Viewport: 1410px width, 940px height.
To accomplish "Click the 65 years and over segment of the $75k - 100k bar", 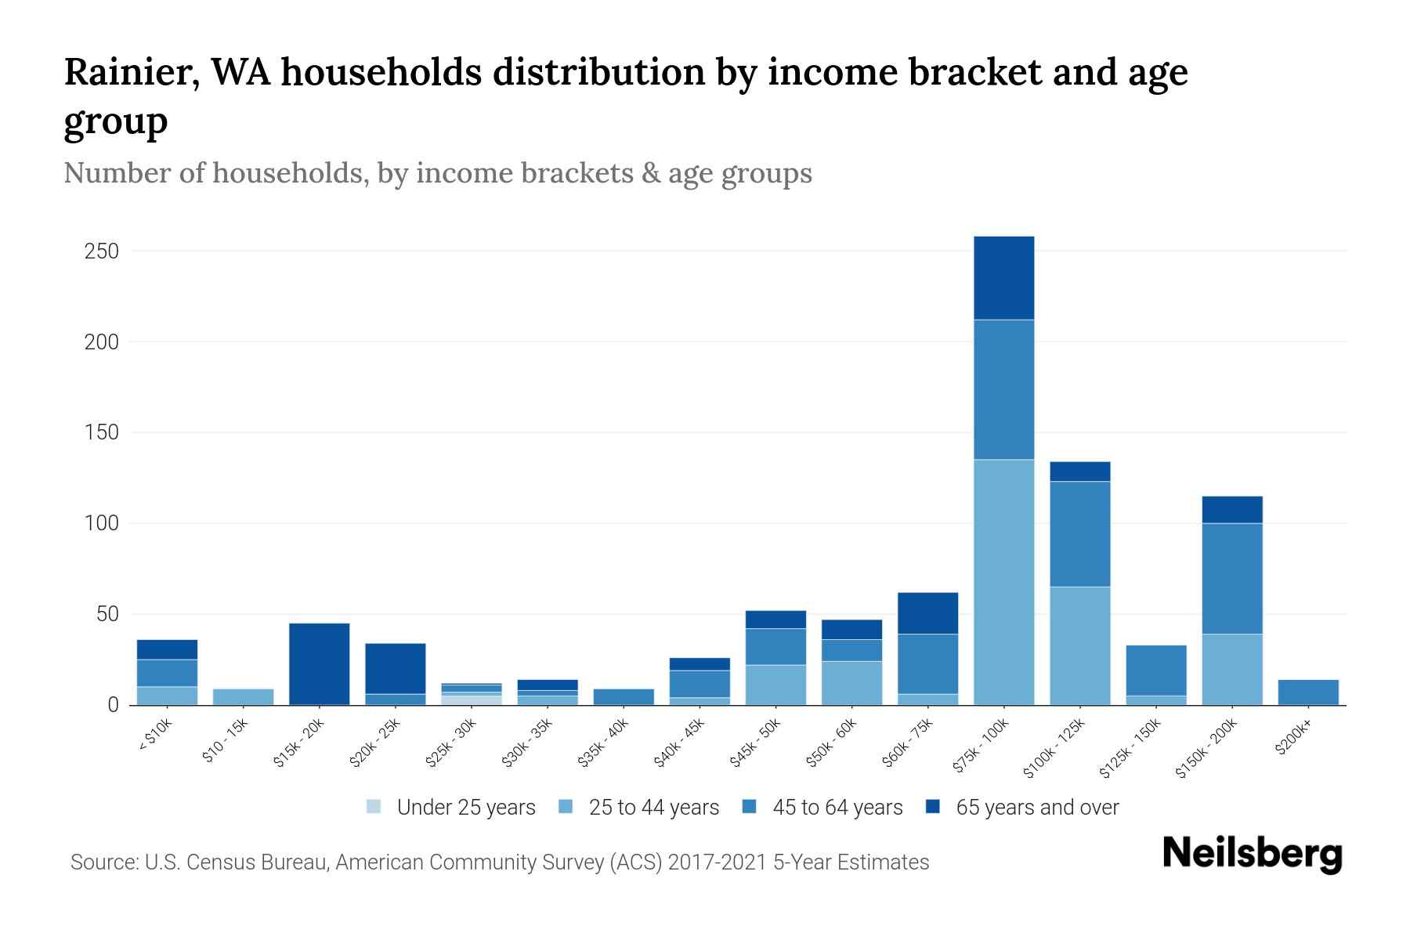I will click(x=1003, y=277).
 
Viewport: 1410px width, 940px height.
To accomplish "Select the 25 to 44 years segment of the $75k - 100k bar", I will click(x=1003, y=581).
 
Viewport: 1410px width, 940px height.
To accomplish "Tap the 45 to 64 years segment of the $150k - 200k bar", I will click(x=1232, y=578).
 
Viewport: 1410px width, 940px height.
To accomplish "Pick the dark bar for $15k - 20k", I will click(x=319, y=663).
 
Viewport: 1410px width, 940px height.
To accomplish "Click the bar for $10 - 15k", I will click(x=243, y=696).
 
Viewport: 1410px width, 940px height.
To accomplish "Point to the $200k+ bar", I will click(x=1308, y=692).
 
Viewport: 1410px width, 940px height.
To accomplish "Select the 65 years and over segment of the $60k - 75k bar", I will click(x=927, y=613).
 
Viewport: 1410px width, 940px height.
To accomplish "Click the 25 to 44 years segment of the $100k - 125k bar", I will click(x=1079, y=645).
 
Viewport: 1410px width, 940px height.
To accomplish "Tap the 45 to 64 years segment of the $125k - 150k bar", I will click(x=1156, y=670).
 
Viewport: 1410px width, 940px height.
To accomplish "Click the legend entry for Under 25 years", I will click(x=465, y=808).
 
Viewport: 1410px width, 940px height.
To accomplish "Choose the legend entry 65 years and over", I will click(x=1036, y=808).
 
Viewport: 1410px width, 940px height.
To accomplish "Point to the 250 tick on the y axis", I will click(x=103, y=251).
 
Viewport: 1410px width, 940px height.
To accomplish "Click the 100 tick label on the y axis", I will click(x=103, y=523).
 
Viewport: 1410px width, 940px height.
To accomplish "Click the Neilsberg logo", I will click(x=1252, y=854).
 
